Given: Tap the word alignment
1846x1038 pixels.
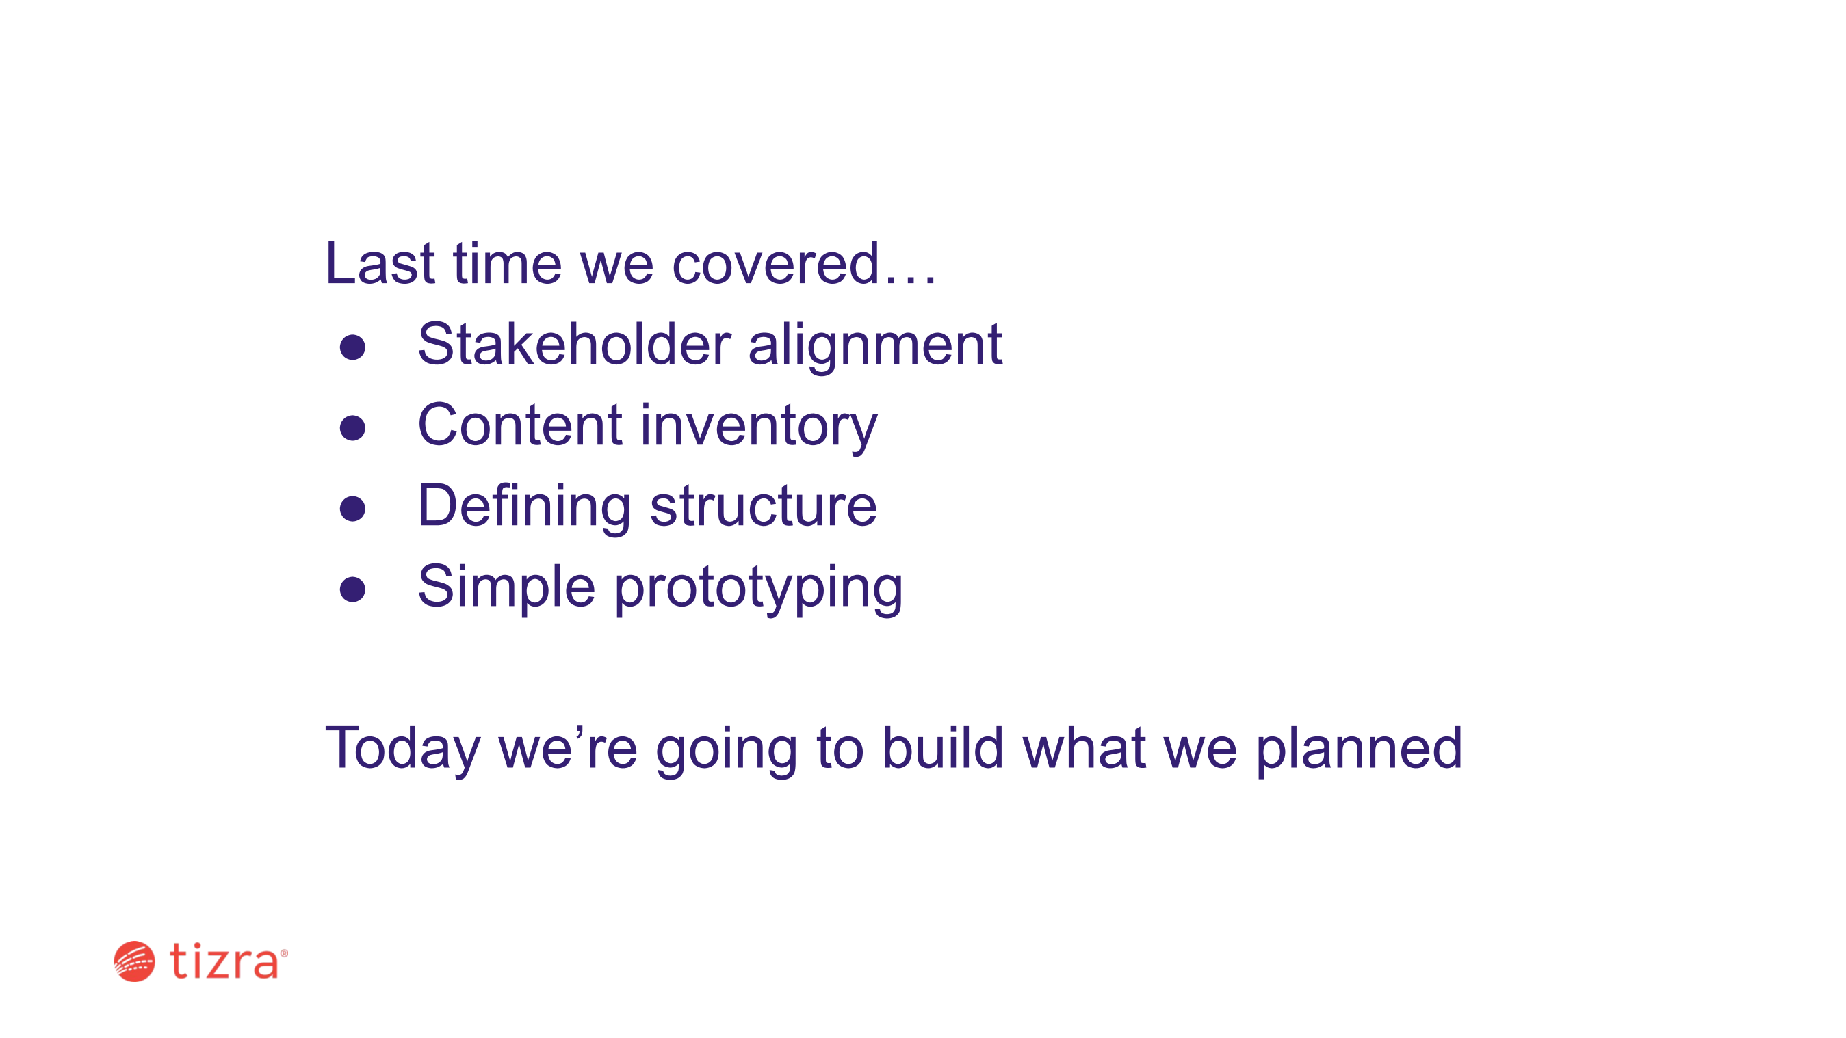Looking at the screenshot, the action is point(875,348).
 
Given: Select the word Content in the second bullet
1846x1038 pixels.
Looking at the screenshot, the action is point(520,425).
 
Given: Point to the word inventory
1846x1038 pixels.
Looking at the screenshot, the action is point(759,428).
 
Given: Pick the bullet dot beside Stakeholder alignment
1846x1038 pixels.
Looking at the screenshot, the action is point(352,347).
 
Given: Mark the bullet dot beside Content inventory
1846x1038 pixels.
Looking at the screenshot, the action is point(352,428).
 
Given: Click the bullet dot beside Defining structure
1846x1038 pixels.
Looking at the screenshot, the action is point(352,509).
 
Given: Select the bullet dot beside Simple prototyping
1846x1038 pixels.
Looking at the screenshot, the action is point(352,590).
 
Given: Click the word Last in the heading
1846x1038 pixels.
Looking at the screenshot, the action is point(380,264).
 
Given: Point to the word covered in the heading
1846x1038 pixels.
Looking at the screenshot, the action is point(775,264).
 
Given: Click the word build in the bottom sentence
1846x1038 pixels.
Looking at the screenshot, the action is point(942,748).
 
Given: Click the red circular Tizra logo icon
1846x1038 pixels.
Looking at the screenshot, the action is point(134,961).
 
